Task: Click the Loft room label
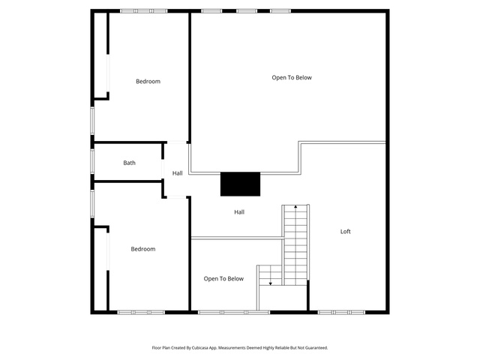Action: click(x=345, y=232)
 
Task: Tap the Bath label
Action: click(x=129, y=163)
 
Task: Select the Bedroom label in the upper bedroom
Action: click(x=148, y=82)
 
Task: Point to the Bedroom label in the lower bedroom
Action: click(x=143, y=249)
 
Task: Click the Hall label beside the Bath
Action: click(x=177, y=173)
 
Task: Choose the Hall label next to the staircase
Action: click(x=239, y=211)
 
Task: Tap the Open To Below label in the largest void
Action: click(x=292, y=78)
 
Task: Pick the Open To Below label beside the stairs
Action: click(x=223, y=279)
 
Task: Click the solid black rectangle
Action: click(x=240, y=184)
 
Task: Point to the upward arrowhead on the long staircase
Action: click(x=295, y=207)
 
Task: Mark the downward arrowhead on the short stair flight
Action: click(x=270, y=283)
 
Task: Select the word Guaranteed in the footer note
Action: click(x=318, y=348)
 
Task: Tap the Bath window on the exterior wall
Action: click(x=92, y=161)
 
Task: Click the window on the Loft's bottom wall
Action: click(x=341, y=313)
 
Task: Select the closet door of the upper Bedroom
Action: click(x=108, y=73)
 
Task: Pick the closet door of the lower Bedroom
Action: click(x=108, y=252)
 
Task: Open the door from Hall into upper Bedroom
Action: click(x=177, y=142)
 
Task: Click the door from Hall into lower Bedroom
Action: click(x=177, y=197)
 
